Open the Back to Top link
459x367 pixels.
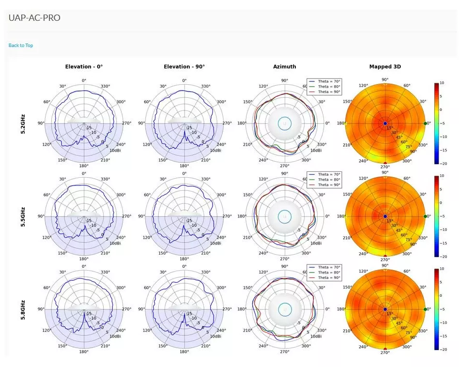click(x=21, y=46)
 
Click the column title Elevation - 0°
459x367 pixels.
click(x=84, y=67)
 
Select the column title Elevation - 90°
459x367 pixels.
click(x=184, y=67)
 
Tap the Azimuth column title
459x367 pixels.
click(x=284, y=67)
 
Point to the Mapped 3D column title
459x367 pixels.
click(x=385, y=67)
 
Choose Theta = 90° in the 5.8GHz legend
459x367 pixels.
click(x=329, y=278)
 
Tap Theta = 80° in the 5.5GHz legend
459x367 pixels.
click(x=329, y=180)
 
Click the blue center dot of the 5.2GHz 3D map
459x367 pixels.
click(x=385, y=123)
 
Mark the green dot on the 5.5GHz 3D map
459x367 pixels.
click(x=426, y=216)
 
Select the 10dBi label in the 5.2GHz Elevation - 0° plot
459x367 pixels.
click(x=115, y=151)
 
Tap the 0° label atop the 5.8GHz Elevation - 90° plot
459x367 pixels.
click(x=184, y=266)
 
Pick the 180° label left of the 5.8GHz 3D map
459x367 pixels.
click(x=341, y=309)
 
